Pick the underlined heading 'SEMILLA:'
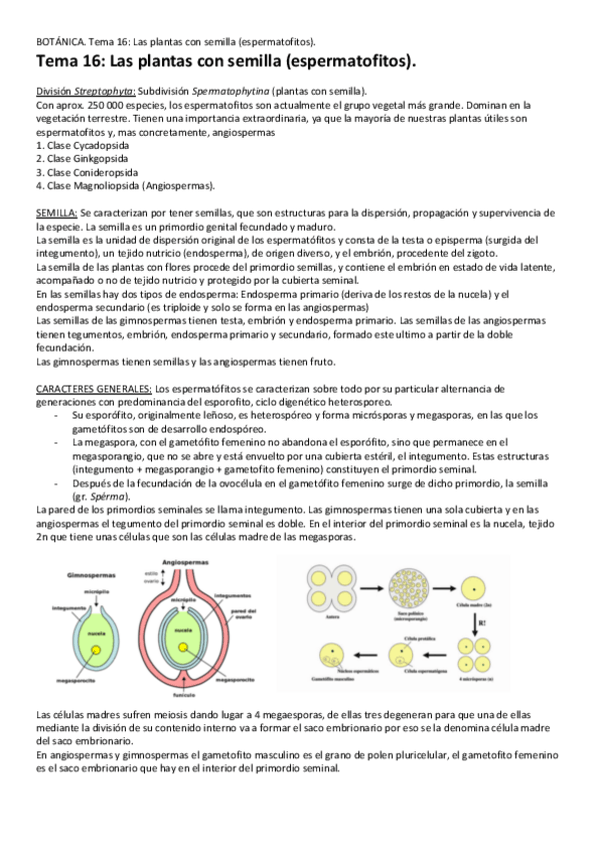tap(56, 214)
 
